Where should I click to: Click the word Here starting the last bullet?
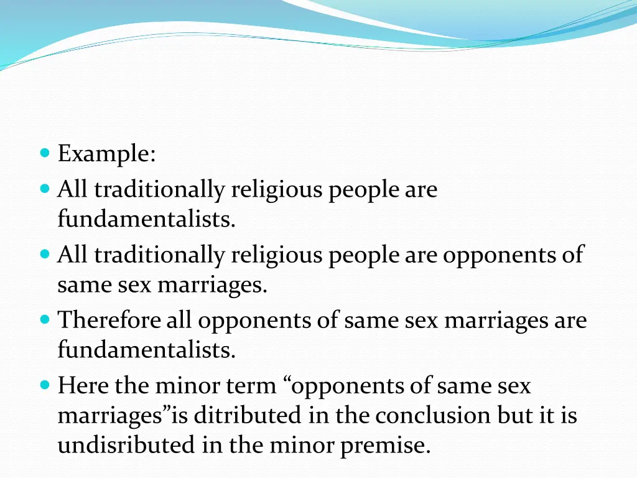point(83,386)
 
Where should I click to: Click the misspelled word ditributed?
point(252,415)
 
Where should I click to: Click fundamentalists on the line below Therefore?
point(147,350)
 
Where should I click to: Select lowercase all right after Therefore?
point(181,321)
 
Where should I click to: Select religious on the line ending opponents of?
point(277,255)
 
